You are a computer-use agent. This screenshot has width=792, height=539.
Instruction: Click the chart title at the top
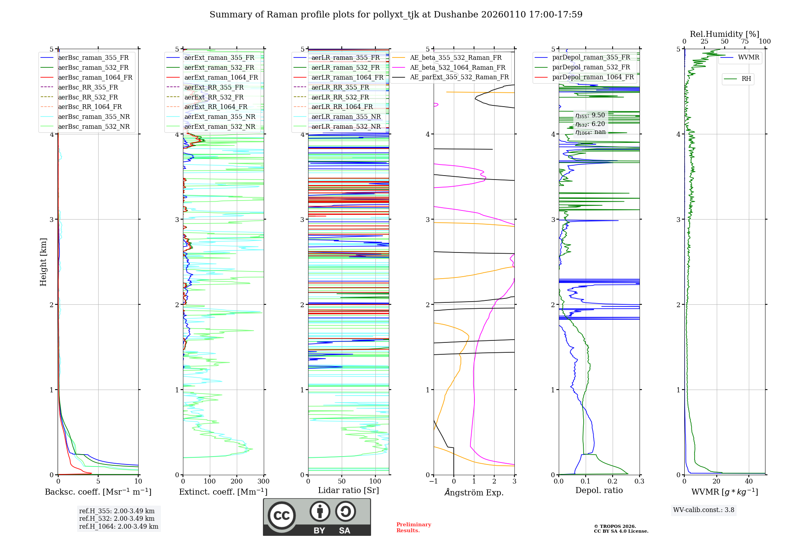396,15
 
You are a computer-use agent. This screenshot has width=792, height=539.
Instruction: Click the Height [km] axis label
44,262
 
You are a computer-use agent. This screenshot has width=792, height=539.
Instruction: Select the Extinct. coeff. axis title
223,492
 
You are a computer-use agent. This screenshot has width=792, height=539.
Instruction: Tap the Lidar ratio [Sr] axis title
348,490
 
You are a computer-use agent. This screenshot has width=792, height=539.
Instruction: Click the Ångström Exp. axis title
474,492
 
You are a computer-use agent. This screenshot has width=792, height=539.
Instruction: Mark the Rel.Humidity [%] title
724,34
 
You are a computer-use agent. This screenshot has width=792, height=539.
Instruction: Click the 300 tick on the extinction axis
263,482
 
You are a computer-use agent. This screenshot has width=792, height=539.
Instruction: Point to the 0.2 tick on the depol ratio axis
613,482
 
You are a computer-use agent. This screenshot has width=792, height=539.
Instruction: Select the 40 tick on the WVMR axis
749,482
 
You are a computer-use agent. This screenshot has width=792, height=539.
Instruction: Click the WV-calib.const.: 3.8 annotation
704,510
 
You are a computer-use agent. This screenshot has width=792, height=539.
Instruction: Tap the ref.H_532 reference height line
116,519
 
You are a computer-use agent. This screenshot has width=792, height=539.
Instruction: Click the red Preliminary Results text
413,528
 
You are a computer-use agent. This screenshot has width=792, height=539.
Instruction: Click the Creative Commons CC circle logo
282,515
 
